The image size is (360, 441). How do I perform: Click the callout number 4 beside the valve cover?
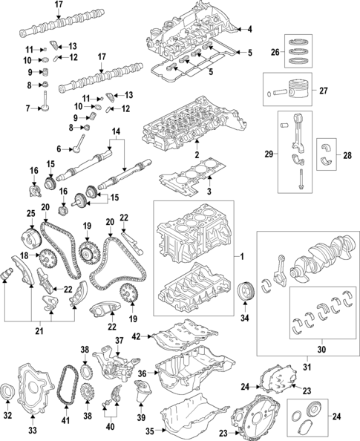[249, 30]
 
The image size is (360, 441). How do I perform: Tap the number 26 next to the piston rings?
[274, 53]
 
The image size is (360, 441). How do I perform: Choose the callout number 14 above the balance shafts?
[115, 133]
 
